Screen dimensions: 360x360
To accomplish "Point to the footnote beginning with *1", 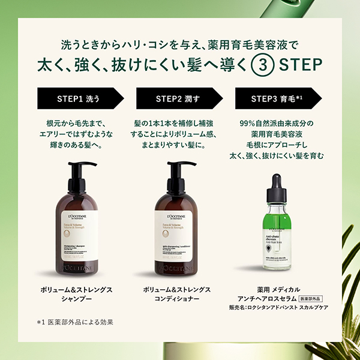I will (x=75, y=322).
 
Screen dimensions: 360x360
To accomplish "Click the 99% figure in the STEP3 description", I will (x=247, y=123).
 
